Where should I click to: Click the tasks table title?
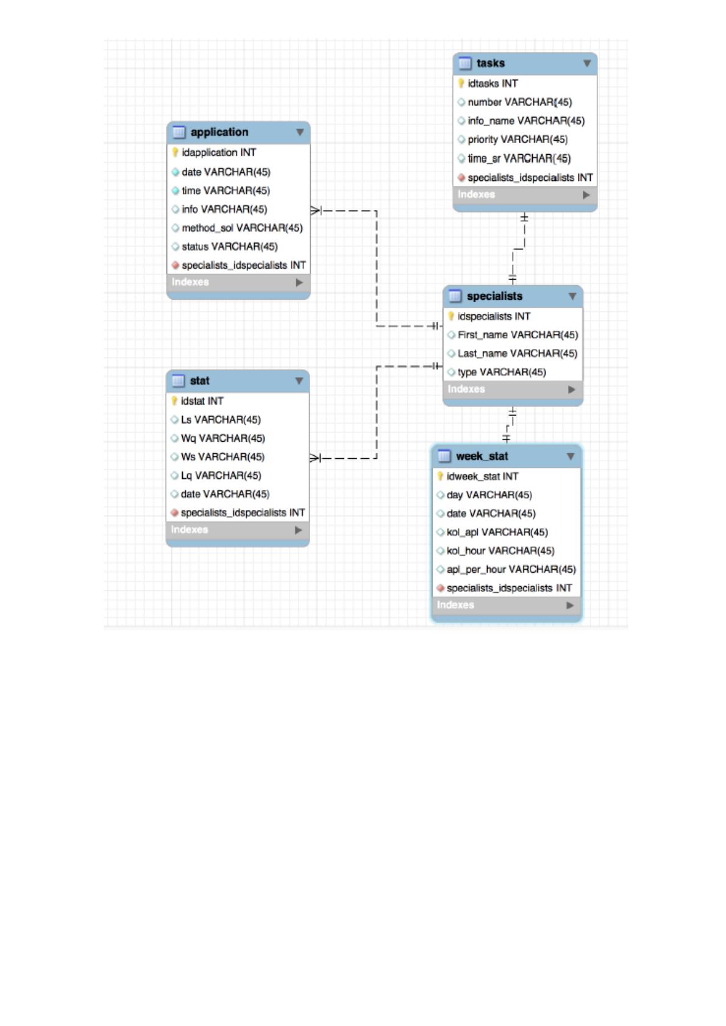491,63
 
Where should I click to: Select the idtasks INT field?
493,83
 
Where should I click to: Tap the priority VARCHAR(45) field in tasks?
518,140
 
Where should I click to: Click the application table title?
219,132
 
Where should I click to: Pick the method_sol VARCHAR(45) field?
242,228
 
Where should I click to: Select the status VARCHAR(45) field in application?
230,246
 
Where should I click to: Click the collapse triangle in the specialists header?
572,296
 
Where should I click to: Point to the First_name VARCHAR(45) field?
518,335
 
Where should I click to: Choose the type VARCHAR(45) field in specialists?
502,372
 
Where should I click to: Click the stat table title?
199,381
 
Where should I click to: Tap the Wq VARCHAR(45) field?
222,438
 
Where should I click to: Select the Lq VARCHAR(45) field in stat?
221,475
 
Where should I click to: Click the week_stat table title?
482,456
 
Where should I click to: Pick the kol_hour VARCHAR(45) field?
500,551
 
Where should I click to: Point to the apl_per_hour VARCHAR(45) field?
511,569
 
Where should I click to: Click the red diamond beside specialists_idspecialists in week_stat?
441,588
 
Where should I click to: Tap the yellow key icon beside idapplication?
175,152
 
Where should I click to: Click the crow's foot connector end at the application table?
316,211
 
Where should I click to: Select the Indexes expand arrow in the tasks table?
586,195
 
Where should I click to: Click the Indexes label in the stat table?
190,530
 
